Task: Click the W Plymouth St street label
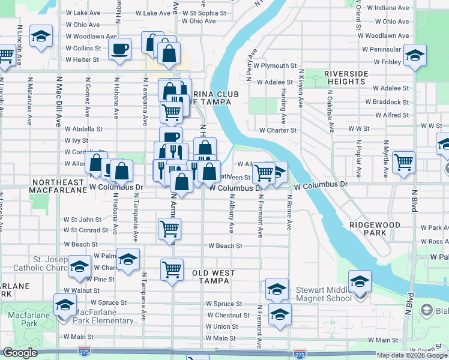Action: (275, 65)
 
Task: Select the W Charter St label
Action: (277, 130)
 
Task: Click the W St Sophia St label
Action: (205, 13)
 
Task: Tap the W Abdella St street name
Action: (84, 128)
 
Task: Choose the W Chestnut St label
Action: (228, 315)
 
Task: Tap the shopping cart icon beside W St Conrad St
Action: (169, 228)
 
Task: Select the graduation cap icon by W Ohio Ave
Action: (41, 37)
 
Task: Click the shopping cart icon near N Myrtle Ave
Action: (403, 161)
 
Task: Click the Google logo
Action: (20, 353)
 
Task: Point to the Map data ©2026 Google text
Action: (412, 355)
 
